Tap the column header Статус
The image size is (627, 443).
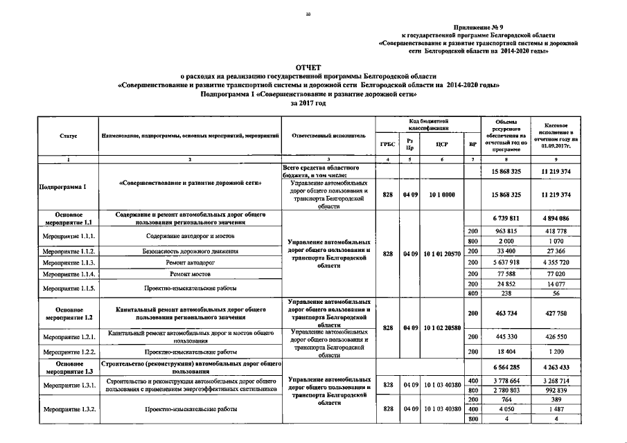pyautogui.click(x=68, y=136)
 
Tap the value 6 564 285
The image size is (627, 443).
pyautogui.click(x=505, y=368)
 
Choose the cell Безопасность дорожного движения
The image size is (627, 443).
pyautogui.click(x=191, y=251)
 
